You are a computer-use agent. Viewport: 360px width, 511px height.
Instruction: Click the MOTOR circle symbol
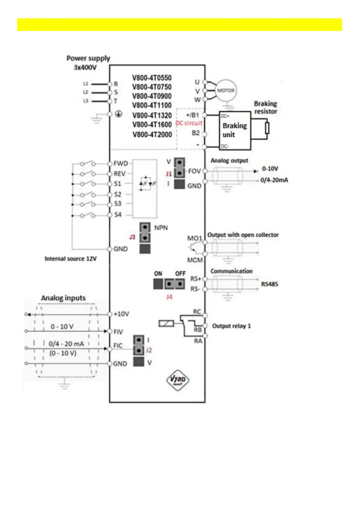tap(226, 91)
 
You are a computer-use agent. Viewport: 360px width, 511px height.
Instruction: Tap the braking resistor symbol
tap(267, 128)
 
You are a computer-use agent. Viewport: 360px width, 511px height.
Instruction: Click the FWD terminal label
tap(120, 164)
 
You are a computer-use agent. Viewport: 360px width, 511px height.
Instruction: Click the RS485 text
tap(270, 284)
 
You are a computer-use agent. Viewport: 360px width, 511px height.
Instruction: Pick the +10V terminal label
tap(121, 314)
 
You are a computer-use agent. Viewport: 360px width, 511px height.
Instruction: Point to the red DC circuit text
tap(189, 123)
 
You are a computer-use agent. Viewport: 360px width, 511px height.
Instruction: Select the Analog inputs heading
tap(63, 298)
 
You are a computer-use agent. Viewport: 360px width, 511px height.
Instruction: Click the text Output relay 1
tap(232, 326)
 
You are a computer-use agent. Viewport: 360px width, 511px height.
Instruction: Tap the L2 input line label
tap(85, 92)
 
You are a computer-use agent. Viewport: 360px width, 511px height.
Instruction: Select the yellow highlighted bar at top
tap(179, 24)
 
